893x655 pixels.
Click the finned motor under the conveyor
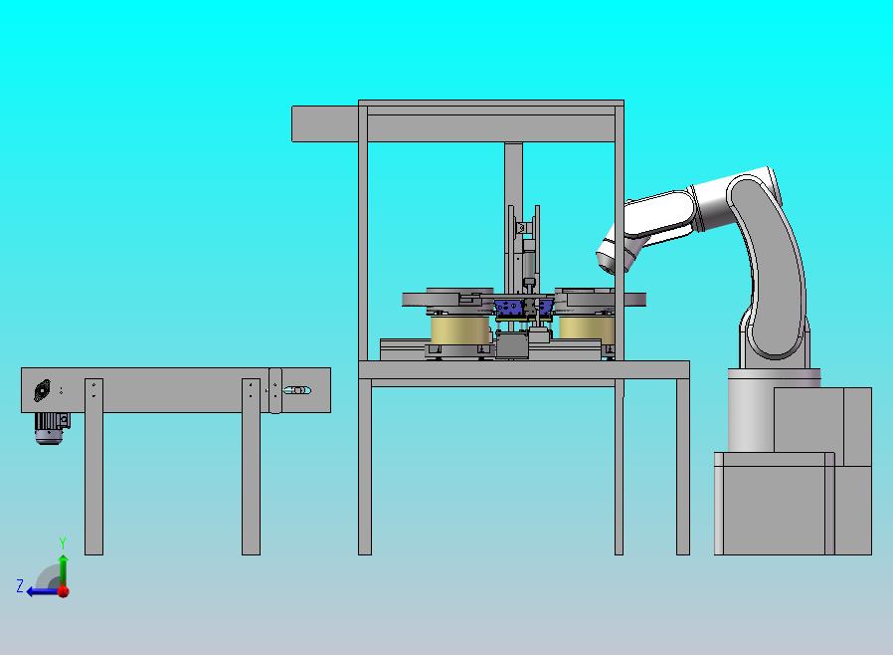point(52,428)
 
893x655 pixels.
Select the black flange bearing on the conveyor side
point(42,390)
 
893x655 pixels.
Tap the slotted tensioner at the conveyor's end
point(297,390)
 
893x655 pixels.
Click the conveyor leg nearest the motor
point(93,466)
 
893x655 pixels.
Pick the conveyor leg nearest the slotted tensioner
point(251,466)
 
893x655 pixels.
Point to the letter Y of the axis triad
point(63,543)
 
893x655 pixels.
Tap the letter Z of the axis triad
point(20,586)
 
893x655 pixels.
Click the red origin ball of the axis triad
point(64,591)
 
